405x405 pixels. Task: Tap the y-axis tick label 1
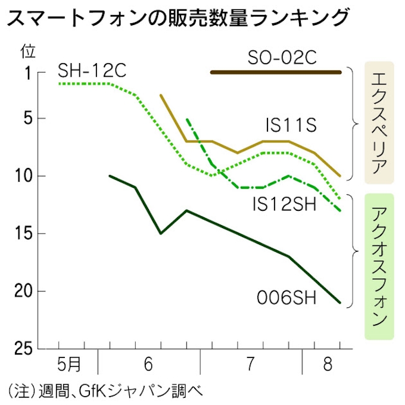tap(27, 73)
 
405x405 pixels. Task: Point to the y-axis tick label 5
tap(27, 118)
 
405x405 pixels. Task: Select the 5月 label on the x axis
tap(68, 363)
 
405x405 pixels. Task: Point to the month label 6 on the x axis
tap(148, 363)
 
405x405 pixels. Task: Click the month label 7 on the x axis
tap(251, 363)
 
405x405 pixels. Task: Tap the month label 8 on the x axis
tap(328, 363)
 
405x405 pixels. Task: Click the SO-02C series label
tap(276, 58)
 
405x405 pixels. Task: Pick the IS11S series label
tap(291, 126)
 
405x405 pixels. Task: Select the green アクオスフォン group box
tap(379, 266)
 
